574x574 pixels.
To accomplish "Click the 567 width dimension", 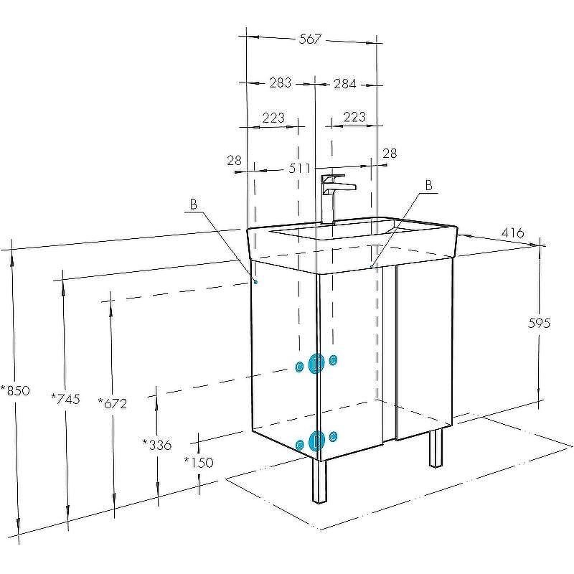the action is click(310, 39).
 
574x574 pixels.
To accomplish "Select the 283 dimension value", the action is click(281, 83).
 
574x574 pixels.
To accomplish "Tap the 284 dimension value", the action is click(345, 84).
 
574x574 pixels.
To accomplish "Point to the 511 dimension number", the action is click(299, 168).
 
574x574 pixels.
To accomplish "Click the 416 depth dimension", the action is click(512, 232).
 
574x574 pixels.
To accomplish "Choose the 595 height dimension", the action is click(540, 323).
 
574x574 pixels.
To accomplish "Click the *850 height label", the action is click(15, 390).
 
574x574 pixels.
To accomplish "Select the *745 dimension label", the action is click(65, 398).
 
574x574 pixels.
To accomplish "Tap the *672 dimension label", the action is click(113, 403).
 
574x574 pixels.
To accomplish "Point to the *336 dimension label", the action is click(156, 444).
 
